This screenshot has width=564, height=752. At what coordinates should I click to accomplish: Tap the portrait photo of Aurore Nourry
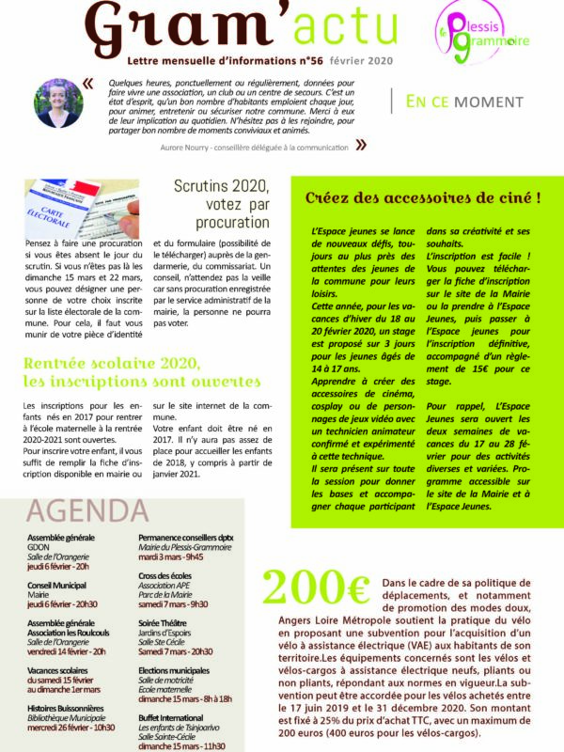[x=58, y=103]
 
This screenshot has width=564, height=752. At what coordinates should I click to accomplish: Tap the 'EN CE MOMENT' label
[x=464, y=102]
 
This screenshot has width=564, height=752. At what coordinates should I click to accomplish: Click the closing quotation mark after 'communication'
[x=361, y=145]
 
